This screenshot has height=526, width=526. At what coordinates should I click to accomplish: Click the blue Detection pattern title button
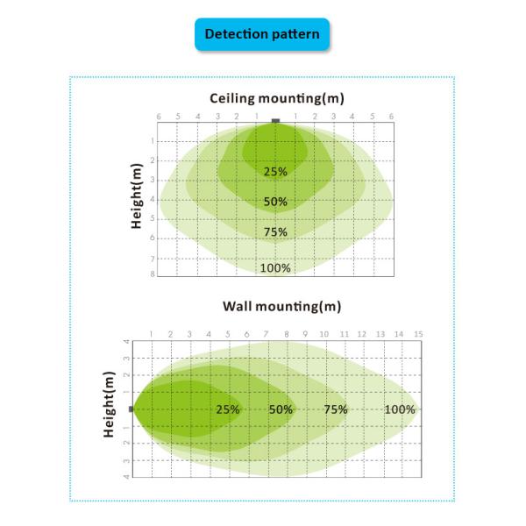pos(262,34)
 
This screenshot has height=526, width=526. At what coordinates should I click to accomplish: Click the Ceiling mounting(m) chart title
pos(275,98)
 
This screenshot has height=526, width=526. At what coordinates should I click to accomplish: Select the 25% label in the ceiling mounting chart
pos(275,172)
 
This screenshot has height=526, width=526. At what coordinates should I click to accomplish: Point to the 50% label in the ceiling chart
pos(275,202)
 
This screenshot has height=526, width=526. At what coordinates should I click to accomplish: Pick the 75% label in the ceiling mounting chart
pos(275,232)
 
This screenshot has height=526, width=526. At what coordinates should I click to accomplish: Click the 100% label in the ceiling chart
pos(275,268)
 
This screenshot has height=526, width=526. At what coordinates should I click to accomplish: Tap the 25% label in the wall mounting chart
pos(228,409)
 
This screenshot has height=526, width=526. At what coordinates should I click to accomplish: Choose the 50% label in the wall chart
pos(281,409)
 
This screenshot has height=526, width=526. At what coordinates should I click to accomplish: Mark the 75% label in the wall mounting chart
pos(336,409)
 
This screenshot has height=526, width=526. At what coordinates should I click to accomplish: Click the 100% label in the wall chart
pos(400,409)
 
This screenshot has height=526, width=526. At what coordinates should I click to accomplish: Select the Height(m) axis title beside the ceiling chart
pos(137,197)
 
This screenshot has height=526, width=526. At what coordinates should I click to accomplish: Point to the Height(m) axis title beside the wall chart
pos(110,405)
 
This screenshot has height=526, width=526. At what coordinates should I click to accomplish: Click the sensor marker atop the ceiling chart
pos(275,120)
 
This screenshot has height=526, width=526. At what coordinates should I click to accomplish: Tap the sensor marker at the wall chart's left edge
pos(131,409)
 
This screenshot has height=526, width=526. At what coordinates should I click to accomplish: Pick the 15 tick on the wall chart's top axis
pos(419,334)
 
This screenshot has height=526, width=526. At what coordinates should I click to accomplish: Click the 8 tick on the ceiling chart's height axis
pos(153,274)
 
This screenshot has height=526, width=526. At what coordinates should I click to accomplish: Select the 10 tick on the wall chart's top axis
pos(323,334)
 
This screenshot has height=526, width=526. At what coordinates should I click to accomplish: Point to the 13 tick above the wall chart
pos(380,334)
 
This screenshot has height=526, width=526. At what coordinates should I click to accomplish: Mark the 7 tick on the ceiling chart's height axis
pos(153,259)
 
